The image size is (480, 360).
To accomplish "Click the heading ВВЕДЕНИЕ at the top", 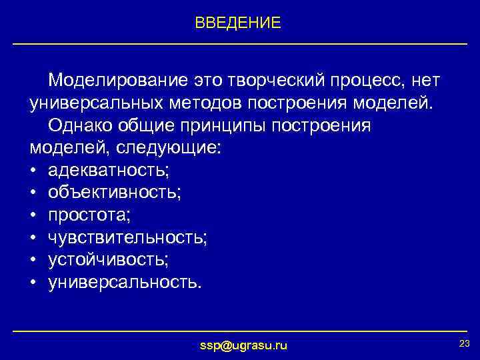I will [x=238, y=23].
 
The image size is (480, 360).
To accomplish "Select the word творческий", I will [x=273, y=81].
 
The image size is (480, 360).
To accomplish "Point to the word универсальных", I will [x=95, y=103].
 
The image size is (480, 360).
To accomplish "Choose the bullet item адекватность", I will [x=109, y=171].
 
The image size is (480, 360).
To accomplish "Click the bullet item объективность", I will [x=114, y=193].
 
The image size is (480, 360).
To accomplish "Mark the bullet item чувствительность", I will [x=127, y=238].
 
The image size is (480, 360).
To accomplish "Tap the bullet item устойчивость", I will [x=108, y=261].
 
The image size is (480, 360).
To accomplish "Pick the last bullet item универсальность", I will [x=123, y=283].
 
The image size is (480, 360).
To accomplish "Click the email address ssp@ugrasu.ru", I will [x=244, y=345].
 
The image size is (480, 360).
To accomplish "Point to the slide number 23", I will [x=465, y=343].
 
